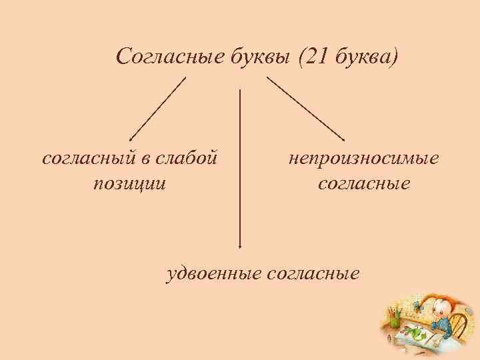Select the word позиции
(129, 182)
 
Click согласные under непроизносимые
(363, 182)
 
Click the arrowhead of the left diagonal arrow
(131, 136)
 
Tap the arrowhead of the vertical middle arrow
(240, 247)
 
